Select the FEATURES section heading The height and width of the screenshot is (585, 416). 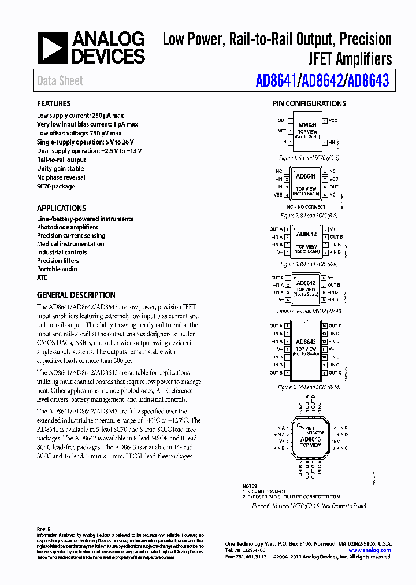click(x=54, y=104)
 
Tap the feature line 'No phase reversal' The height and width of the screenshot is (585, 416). click(x=61, y=177)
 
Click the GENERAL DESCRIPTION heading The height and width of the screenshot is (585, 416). click(x=76, y=295)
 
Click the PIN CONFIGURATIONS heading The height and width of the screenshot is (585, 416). click(x=309, y=104)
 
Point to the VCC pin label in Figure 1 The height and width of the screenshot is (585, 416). click(x=333, y=121)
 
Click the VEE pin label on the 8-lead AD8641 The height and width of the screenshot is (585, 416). click(x=278, y=195)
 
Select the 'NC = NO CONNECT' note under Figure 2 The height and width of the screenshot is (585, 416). click(x=306, y=206)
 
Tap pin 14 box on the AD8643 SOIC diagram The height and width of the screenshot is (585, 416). click(x=325, y=325)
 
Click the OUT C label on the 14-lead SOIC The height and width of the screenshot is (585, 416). click(x=336, y=373)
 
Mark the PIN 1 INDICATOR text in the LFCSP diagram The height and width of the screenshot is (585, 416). click(x=315, y=430)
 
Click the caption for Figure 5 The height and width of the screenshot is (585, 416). click(x=309, y=387)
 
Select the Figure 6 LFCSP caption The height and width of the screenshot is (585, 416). click(x=309, y=506)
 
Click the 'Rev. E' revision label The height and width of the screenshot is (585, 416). click(x=44, y=530)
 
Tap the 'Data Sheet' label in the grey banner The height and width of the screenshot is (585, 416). click(x=60, y=81)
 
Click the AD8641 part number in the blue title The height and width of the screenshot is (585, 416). click(x=276, y=81)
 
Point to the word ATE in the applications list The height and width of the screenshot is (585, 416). click(x=42, y=277)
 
